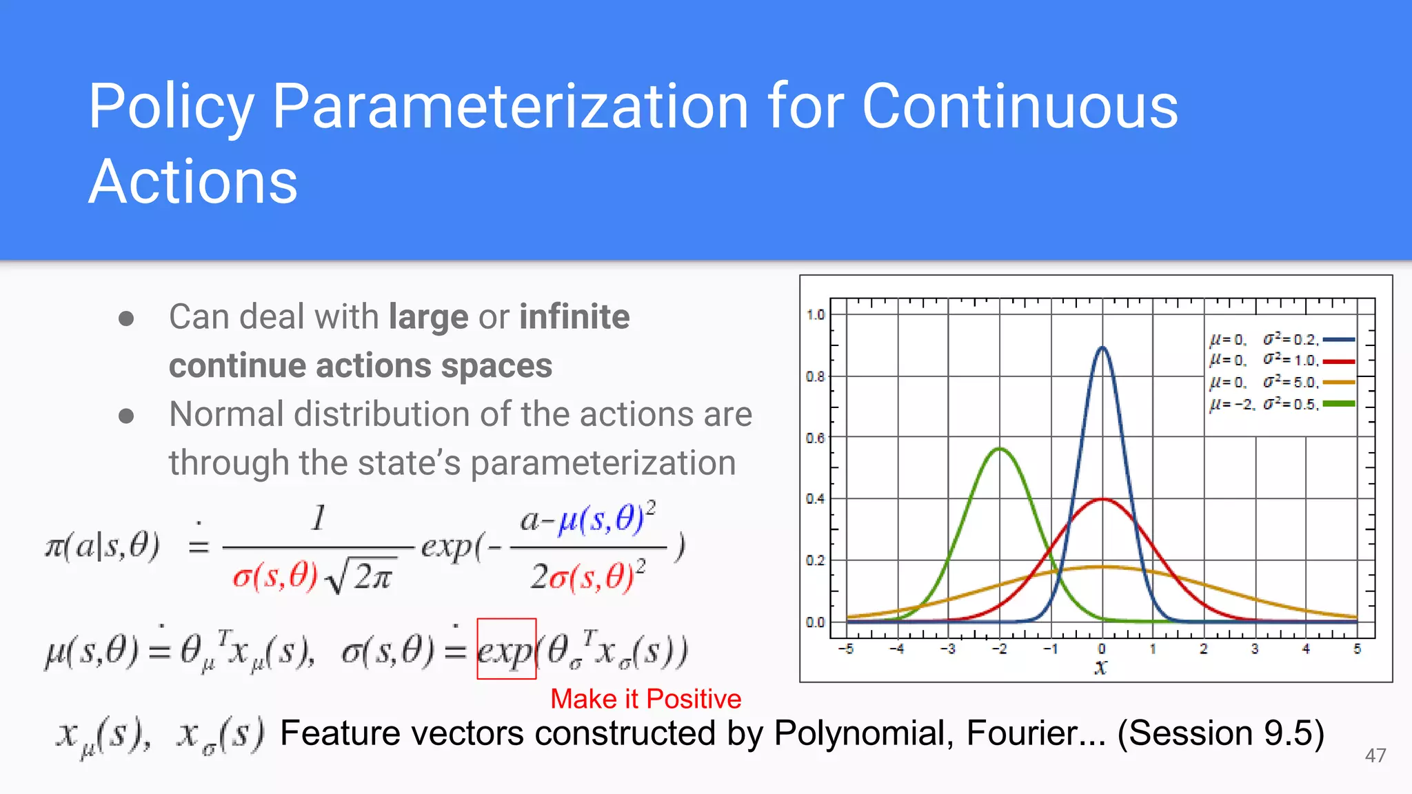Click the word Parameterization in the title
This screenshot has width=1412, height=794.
pos(510,107)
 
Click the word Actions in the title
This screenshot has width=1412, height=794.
pos(193,182)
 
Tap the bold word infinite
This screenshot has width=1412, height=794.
pos(574,317)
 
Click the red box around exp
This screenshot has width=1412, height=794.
pos(507,649)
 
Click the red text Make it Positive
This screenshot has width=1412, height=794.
pos(645,699)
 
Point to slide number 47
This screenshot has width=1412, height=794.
pos(1375,755)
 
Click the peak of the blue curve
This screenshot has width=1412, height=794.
pos(1102,348)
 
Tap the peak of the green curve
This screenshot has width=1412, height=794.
pos(1000,449)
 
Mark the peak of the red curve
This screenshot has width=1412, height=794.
pos(1102,500)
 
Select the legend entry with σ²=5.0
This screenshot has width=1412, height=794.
pos(1281,382)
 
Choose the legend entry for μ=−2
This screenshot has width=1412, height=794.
pos(1281,404)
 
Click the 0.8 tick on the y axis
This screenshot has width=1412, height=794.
pos(815,377)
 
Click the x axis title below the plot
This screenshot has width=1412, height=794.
pos(1101,667)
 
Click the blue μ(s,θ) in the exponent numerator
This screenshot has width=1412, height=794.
pos(602,520)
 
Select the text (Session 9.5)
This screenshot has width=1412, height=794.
pos(1220,733)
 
